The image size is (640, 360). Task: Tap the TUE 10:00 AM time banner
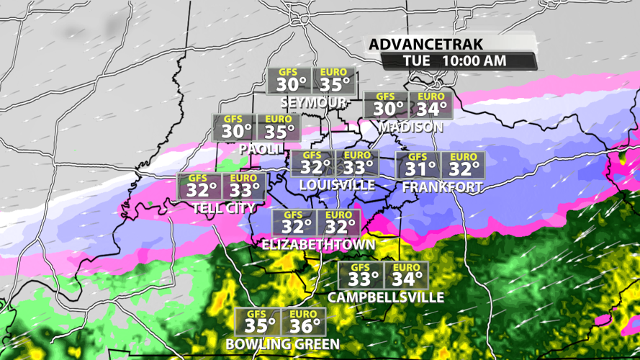454,61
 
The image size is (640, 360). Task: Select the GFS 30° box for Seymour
289,81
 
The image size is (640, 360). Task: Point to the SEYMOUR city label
313,102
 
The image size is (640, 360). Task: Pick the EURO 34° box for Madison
431,105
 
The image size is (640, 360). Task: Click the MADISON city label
410,127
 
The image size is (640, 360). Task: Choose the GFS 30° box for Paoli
235,127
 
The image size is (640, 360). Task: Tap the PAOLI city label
259,149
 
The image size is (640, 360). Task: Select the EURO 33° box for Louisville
357,163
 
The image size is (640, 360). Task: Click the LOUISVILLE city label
336,185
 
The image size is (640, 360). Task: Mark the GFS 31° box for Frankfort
418,165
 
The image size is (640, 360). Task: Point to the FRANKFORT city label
442,187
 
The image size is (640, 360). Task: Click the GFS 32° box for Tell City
199,186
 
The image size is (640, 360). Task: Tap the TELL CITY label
224,209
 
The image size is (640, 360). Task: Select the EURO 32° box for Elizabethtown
338,222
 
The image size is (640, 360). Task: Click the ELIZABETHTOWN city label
318,245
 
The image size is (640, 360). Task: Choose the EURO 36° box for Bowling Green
303,322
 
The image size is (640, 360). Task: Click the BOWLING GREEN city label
281,344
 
